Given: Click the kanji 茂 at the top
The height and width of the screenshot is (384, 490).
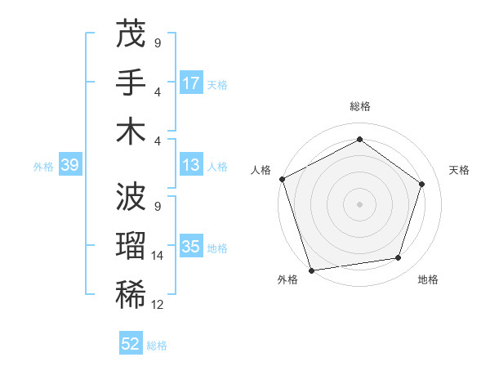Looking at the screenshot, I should click(x=131, y=34).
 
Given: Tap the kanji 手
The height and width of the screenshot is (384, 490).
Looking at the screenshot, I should click(x=131, y=83).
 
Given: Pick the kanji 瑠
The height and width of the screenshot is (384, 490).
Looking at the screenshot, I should click(x=131, y=246).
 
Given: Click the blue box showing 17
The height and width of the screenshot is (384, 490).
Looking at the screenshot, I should click(x=191, y=83).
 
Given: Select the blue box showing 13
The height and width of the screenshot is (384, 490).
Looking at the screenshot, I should click(x=191, y=166).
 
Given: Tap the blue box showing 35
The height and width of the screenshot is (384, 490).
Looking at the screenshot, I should click(x=191, y=247).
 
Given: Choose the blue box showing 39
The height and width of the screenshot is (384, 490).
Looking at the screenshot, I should click(x=69, y=166).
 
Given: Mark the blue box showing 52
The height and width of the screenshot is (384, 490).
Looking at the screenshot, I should click(x=131, y=344).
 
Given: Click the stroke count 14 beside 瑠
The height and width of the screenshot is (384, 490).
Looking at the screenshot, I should click(x=158, y=256).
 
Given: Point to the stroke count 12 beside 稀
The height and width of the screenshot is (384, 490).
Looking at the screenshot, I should click(x=158, y=305).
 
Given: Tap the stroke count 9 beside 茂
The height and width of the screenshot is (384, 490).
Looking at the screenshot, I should click(x=158, y=42).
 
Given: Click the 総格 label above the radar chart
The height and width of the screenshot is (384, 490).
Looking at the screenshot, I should click(x=359, y=106).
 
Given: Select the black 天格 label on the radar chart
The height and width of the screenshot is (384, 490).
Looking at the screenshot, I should click(x=460, y=170).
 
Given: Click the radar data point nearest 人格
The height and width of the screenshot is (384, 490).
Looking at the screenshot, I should click(x=282, y=179).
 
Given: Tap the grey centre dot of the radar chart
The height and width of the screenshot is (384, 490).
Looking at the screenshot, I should click(x=359, y=203).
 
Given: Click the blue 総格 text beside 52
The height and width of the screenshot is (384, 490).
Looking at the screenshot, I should click(x=157, y=346).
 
